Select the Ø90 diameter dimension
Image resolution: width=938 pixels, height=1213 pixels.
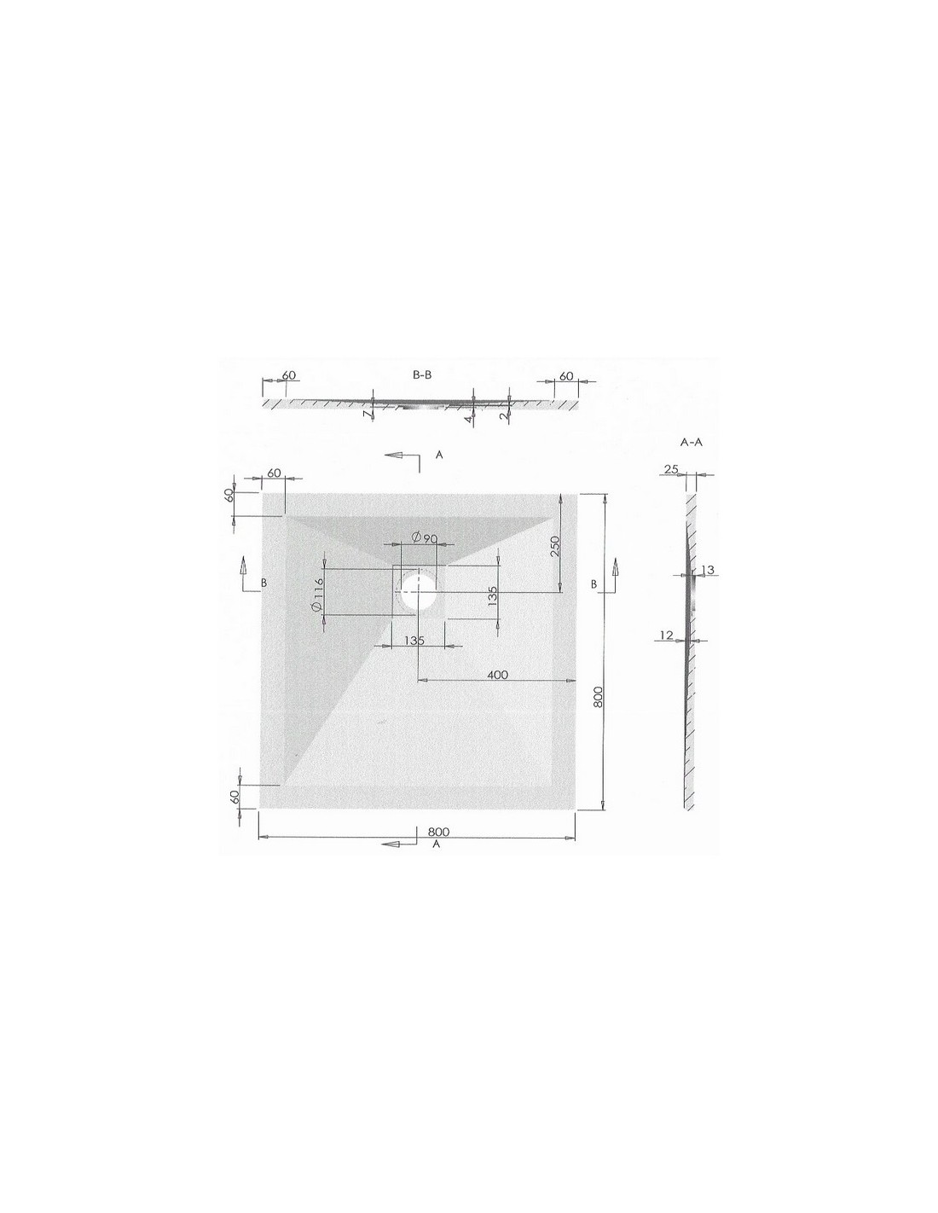(424, 537)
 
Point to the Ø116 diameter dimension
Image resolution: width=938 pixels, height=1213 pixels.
(317, 593)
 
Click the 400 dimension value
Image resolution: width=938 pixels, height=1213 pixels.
(497, 675)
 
